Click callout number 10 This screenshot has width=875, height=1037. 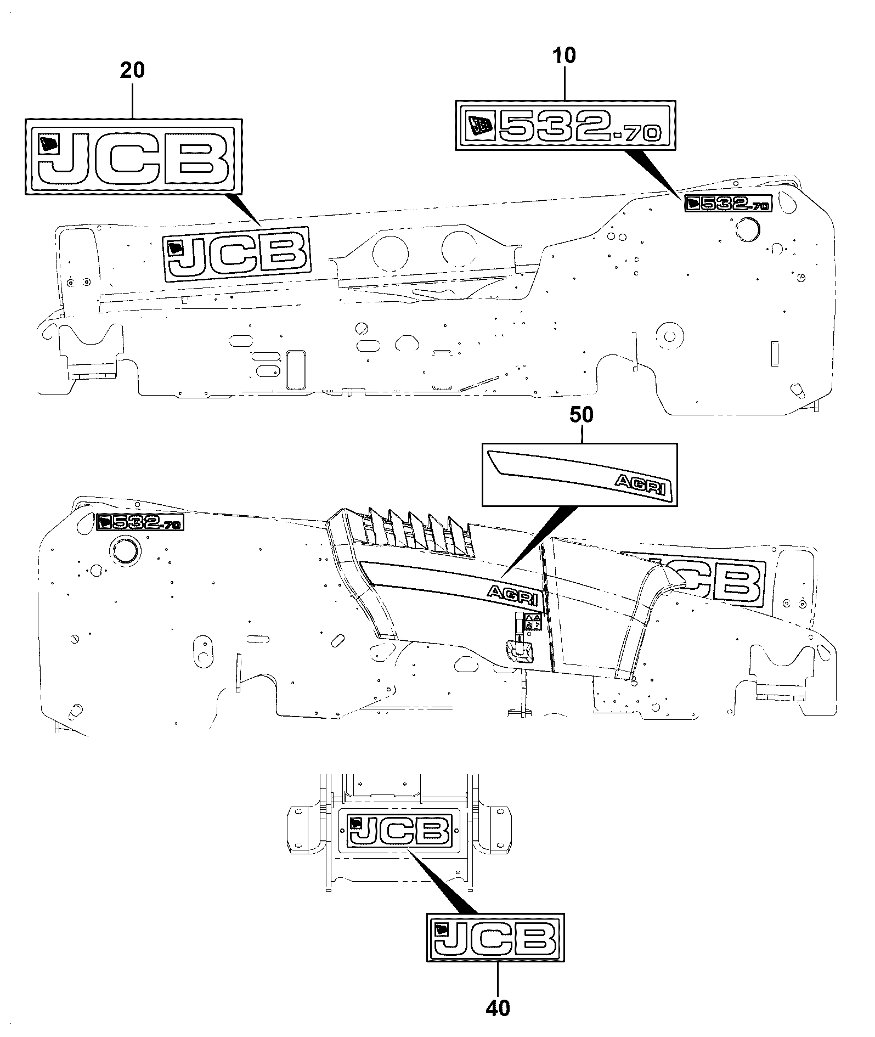click(x=565, y=55)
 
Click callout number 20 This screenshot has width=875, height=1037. click(x=132, y=71)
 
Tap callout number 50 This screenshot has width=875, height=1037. click(x=582, y=415)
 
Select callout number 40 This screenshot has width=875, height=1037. click(x=498, y=1008)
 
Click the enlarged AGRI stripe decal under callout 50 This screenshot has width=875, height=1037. click(x=579, y=475)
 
